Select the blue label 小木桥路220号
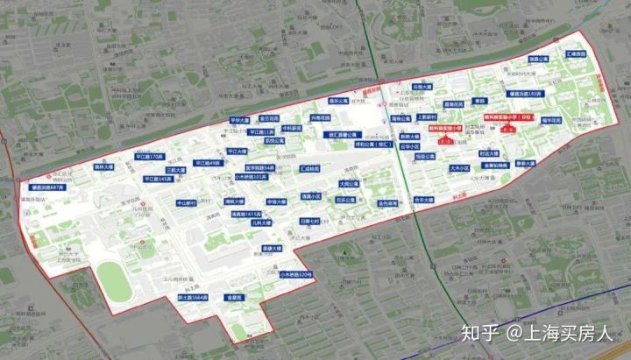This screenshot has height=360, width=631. pos(295,274)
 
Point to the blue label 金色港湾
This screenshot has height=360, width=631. pos(388,203)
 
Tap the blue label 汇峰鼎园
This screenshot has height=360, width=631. pos(578,53)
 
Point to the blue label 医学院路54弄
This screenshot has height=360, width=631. pos(259,166)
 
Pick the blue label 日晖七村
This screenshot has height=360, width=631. pos(310,222)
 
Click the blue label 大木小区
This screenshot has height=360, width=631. pos(460,167)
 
